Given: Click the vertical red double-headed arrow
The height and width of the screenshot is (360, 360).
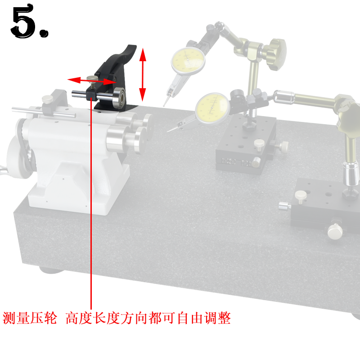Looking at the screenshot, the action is point(143,75).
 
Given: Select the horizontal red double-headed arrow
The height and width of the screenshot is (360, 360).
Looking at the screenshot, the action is point(92,81).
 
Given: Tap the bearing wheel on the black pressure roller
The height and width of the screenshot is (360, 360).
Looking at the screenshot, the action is point(119,98).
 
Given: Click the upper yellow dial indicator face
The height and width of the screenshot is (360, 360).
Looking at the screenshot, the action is point(188,61).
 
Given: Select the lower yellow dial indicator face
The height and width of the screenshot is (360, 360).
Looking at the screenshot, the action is point(212,108).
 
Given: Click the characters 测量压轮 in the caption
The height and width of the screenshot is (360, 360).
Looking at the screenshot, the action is point(30,318).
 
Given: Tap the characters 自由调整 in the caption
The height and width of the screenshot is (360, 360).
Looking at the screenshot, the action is point(204,318).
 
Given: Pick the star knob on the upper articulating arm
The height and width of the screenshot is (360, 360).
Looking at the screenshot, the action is point(277,54).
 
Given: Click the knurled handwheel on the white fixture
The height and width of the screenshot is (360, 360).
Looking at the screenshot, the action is point(17,157).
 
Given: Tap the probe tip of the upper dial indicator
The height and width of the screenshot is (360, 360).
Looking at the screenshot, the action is point(164,105).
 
